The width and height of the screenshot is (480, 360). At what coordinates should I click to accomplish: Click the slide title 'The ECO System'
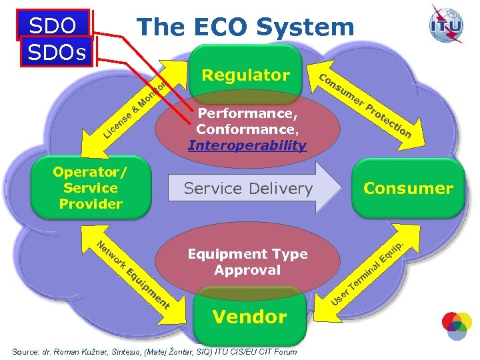245,27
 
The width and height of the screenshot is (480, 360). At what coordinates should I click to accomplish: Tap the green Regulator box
245,75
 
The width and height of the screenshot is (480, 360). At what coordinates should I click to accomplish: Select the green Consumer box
407,189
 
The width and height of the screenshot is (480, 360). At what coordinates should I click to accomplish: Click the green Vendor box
249,317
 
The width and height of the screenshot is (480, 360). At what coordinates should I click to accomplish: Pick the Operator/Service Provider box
91,188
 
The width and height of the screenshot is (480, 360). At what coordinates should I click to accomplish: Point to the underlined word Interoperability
247,145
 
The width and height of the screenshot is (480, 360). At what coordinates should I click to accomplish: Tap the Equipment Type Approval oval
247,262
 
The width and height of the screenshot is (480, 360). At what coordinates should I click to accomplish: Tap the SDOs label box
58,52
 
